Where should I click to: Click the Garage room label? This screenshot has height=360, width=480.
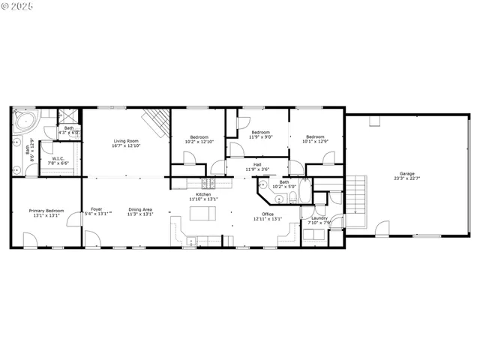point(406,174)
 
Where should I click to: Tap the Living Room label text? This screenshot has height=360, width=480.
point(126,140)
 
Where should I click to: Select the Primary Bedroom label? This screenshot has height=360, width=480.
point(46,211)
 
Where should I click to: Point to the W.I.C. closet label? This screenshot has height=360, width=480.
point(57,158)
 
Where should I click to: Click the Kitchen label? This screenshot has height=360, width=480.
point(203,195)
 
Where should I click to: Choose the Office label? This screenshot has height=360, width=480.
point(268,214)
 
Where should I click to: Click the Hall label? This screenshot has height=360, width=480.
point(257,164)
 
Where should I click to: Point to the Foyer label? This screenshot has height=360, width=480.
point(97,209)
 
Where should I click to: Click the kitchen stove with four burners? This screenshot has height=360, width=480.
point(208,183)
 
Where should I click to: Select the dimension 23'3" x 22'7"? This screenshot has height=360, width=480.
point(406,178)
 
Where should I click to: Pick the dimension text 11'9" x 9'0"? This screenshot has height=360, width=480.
point(261,136)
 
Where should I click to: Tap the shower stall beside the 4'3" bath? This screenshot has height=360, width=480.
point(67,116)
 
